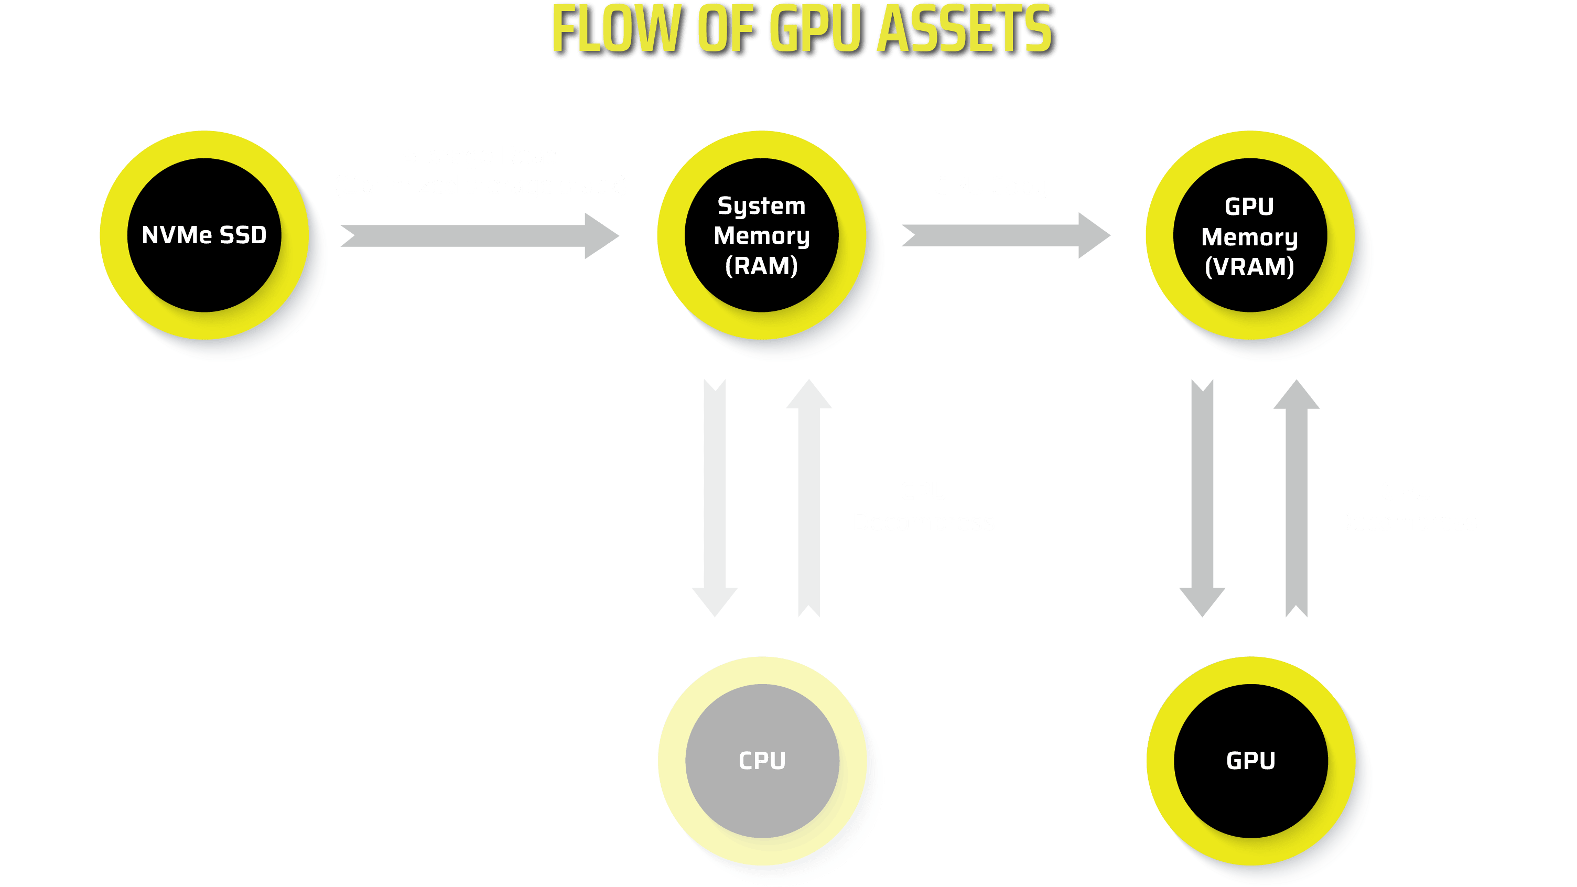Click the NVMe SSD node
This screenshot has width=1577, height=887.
coord(204,235)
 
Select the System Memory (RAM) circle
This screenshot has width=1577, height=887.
coord(762,235)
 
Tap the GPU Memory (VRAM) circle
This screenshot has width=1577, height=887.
coord(1249,235)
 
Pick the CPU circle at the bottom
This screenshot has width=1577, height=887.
coord(762,761)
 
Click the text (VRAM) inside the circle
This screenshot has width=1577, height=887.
coord(1249,267)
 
